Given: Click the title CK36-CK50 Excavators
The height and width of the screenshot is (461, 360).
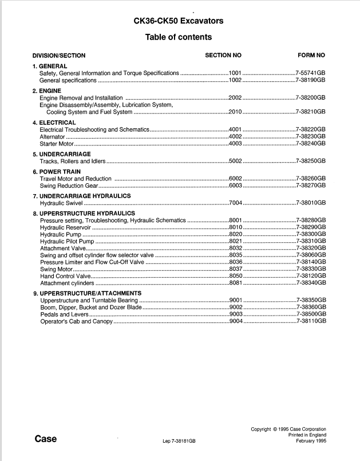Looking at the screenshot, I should (x=178, y=21).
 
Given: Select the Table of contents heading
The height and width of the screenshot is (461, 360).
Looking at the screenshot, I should (x=178, y=37).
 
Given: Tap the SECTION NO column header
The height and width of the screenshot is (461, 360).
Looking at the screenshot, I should (x=223, y=56).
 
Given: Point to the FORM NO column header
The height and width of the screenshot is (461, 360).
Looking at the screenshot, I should (x=311, y=56).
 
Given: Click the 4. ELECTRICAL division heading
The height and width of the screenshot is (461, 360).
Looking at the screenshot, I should (x=54, y=123).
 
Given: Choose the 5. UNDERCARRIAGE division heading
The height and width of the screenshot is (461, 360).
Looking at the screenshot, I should (x=61, y=154).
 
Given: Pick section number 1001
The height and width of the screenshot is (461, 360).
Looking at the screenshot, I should (x=235, y=73).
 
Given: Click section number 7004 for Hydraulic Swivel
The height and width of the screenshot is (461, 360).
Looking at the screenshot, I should (x=235, y=203).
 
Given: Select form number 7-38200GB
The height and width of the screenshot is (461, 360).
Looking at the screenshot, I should (x=311, y=98).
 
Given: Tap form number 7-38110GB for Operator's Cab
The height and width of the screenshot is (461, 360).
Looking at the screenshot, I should (x=311, y=321).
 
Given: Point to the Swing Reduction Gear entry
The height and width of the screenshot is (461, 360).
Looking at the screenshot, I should (x=69, y=186).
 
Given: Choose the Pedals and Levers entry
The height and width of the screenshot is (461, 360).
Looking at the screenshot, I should (x=64, y=314).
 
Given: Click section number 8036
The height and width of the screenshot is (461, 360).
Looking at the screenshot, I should (x=235, y=262).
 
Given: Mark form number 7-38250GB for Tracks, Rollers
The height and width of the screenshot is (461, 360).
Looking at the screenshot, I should (x=311, y=161).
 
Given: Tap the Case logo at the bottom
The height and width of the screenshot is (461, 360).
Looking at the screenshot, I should (x=45, y=439).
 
